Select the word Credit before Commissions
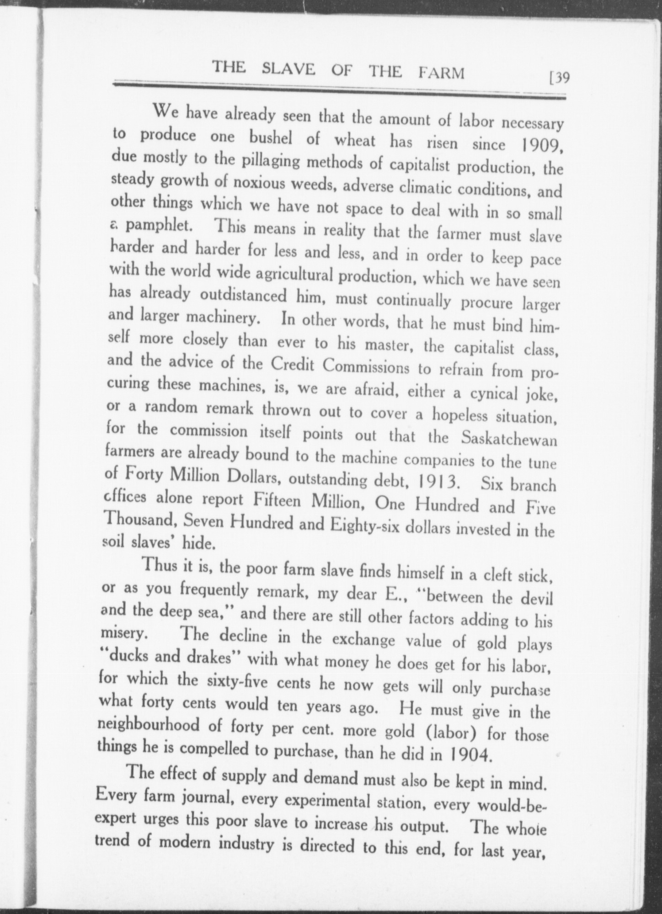click(294, 364)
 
